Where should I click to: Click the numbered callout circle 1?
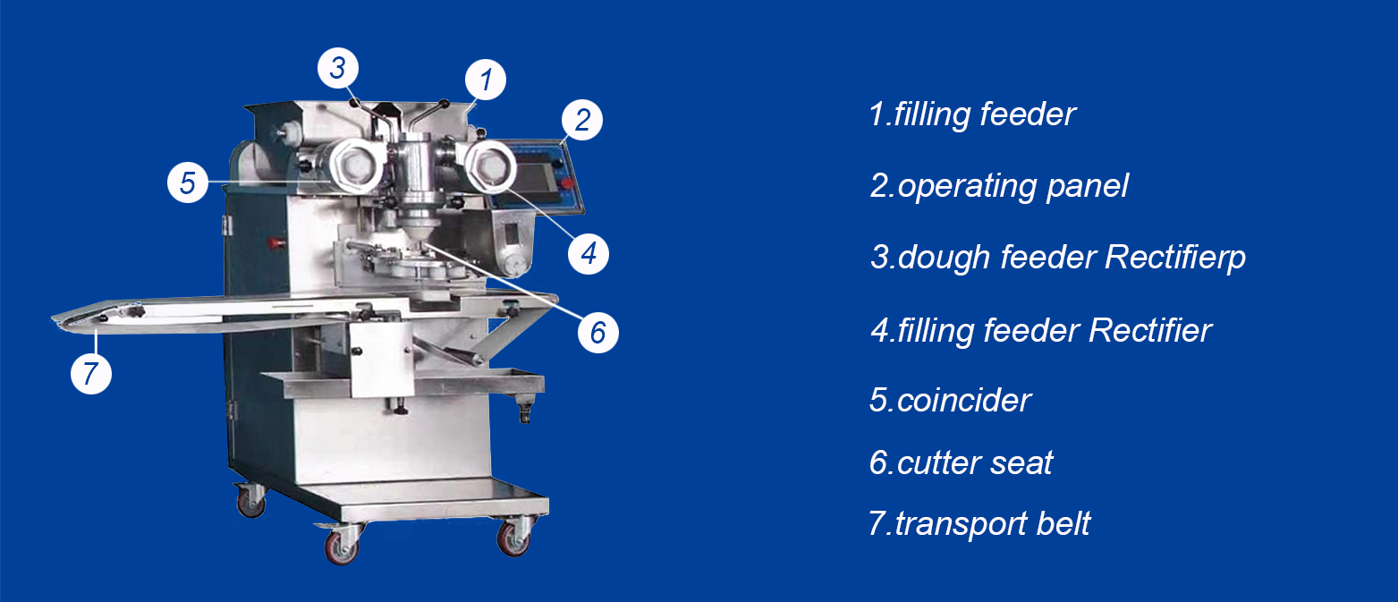pos(486,80)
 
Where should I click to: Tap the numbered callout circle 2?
pos(582,120)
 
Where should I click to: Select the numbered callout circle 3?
pos(337,67)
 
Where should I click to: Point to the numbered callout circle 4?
pos(589,254)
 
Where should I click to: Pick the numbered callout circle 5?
pos(188,182)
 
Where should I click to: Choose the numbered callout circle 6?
pos(597,333)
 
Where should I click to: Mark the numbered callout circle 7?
pos(91,374)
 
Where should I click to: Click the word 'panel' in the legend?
pos(1088,187)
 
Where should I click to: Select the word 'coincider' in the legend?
pos(963,401)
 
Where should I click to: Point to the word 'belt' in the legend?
pos(1063,523)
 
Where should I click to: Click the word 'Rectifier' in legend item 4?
pos(1149,331)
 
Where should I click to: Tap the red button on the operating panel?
pos(567,183)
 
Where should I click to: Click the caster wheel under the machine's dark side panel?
pos(251,502)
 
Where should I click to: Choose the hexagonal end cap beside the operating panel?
pos(490,166)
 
